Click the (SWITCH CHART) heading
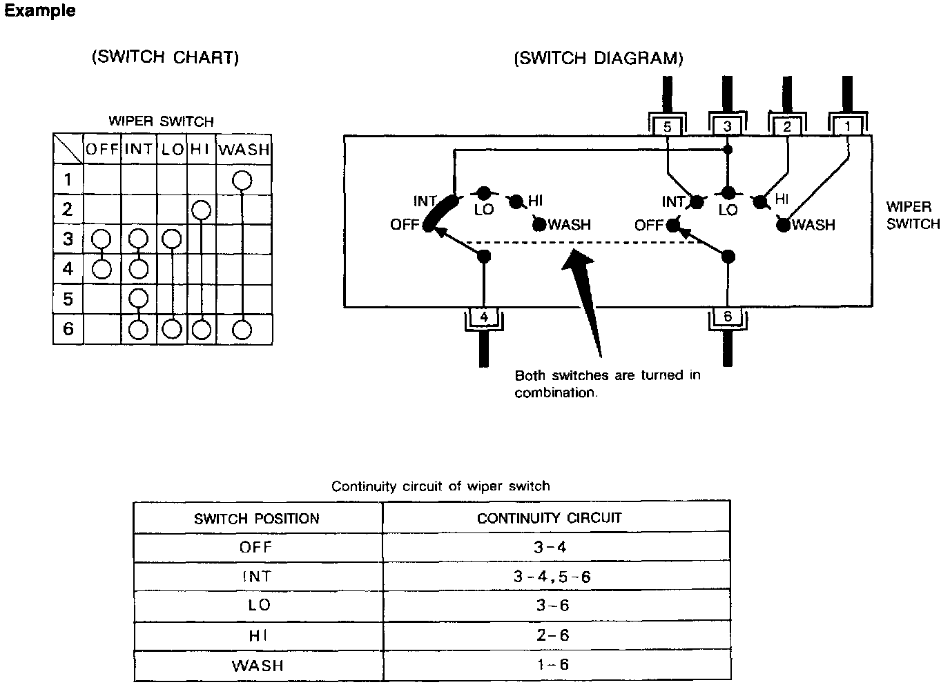point(165,57)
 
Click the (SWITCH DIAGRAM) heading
point(598,58)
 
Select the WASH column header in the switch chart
point(244,149)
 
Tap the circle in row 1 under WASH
point(242,181)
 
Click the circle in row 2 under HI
point(200,210)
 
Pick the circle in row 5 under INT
point(139,299)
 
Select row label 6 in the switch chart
point(68,329)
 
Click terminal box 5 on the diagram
point(667,126)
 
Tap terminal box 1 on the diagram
point(848,126)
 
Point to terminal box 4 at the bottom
point(484,317)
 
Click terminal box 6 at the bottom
point(727,317)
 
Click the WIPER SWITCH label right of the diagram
point(913,215)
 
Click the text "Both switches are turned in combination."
point(607,384)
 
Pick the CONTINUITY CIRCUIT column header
point(549,517)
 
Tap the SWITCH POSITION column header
point(257,518)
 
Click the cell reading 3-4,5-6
point(552,576)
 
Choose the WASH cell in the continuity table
point(257,666)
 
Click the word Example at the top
point(39,11)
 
